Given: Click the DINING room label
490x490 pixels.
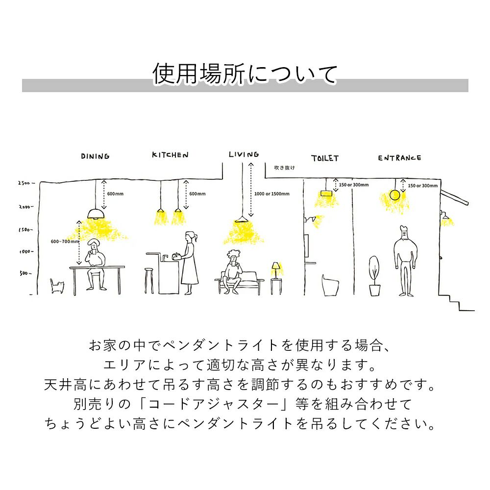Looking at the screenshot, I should point(95,156).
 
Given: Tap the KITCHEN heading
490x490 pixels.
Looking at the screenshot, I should point(170,155).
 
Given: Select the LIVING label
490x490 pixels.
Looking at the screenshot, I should point(244,154).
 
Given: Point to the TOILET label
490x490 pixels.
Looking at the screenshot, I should point(324,158).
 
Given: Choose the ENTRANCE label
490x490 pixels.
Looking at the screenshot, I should point(399,158).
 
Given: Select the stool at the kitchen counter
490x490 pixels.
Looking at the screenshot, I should point(148,280).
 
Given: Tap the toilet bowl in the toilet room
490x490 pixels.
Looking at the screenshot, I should point(330,284).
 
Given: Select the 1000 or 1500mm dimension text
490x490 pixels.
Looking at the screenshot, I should point(272,194).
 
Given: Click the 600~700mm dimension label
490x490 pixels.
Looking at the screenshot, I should point(65,242).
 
